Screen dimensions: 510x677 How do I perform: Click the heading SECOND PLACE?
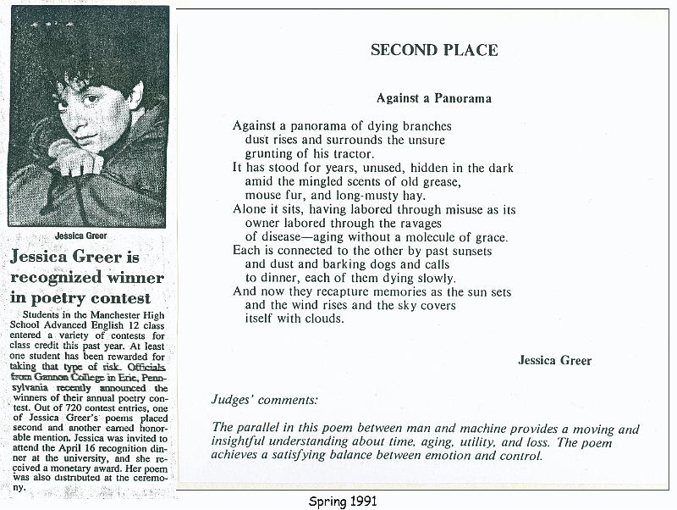click(x=434, y=50)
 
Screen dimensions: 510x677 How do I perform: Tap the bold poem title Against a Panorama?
click(x=434, y=98)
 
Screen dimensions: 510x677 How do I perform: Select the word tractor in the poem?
click(x=350, y=154)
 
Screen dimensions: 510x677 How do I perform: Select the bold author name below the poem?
click(x=554, y=360)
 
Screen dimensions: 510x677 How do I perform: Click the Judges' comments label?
click(x=264, y=398)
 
